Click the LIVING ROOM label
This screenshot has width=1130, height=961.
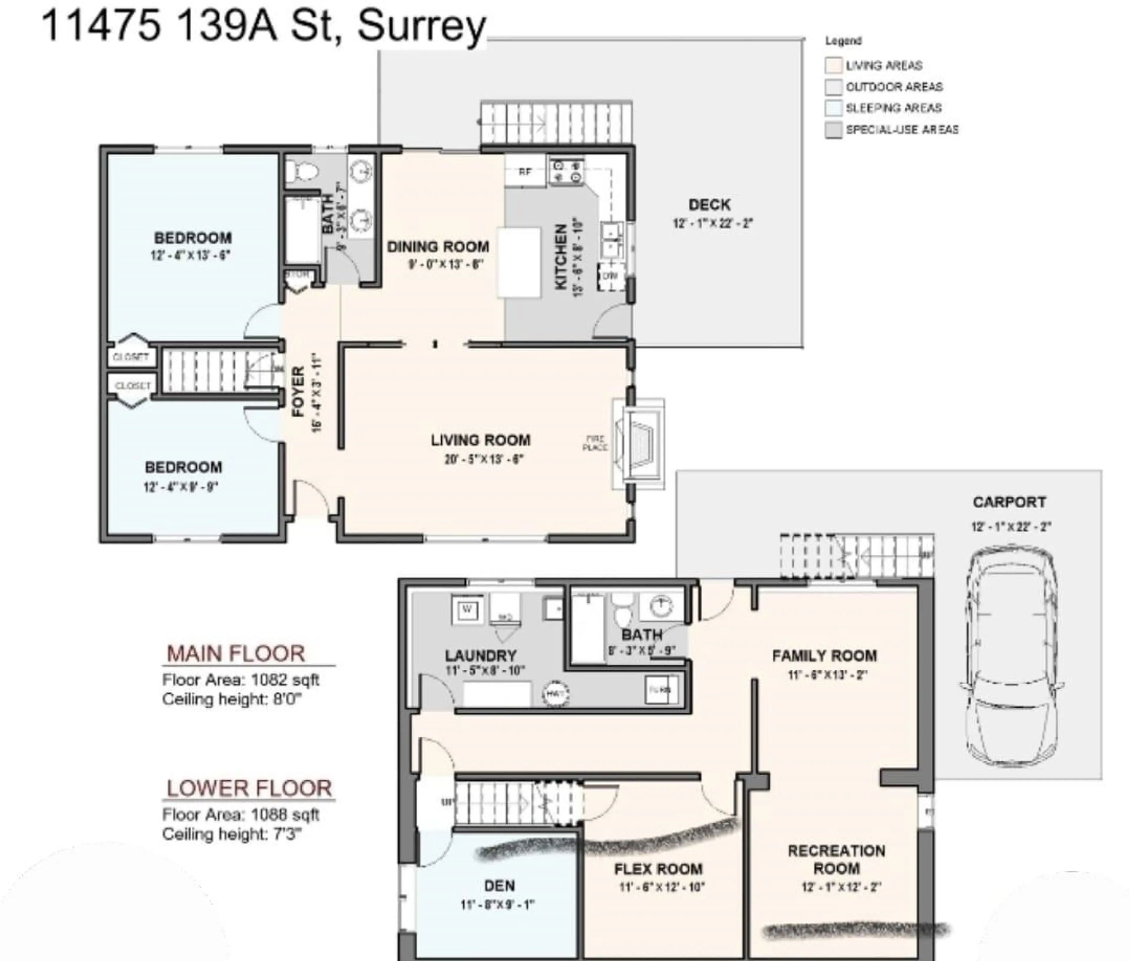[480, 440]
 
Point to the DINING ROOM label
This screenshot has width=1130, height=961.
[438, 247]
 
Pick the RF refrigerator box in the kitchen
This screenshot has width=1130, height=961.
[524, 171]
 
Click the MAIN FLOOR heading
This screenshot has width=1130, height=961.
[235, 654]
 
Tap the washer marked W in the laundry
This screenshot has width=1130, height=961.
[467, 609]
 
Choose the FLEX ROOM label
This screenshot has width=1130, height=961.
[658, 869]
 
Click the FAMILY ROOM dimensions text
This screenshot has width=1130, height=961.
[827, 675]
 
